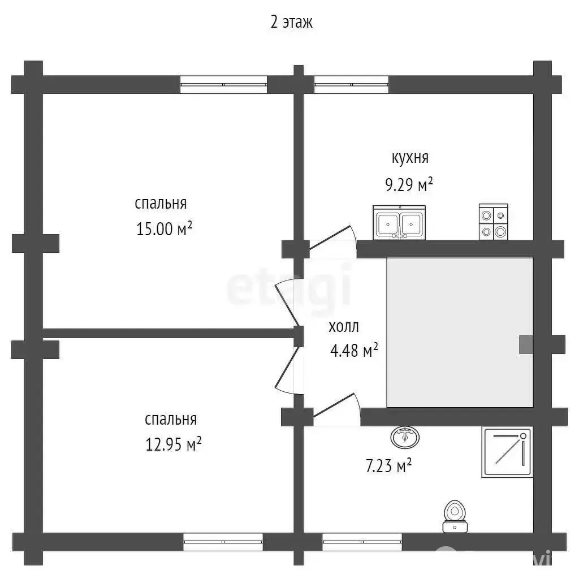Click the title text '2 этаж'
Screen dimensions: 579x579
click(x=291, y=22)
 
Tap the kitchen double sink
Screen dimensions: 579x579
click(x=399, y=223)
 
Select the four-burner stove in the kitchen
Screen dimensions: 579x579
click(x=493, y=222)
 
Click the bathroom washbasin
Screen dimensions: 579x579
click(x=405, y=437)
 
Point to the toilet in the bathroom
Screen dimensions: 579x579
click(x=455, y=516)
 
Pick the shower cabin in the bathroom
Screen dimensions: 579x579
click(x=507, y=452)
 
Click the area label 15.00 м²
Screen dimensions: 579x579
click(x=165, y=228)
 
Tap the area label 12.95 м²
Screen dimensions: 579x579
click(x=173, y=444)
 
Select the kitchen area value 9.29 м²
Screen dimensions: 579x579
click(x=409, y=184)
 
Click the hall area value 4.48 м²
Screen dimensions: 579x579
click(x=354, y=350)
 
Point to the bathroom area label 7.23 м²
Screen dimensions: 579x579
click(x=388, y=466)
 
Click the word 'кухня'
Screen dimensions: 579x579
click(x=410, y=158)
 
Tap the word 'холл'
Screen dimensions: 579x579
click(x=344, y=327)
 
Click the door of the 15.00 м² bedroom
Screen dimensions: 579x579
click(x=289, y=303)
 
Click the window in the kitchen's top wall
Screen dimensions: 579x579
click(x=351, y=85)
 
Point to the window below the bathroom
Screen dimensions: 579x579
click(x=362, y=542)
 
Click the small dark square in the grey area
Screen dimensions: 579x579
click(x=526, y=344)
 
